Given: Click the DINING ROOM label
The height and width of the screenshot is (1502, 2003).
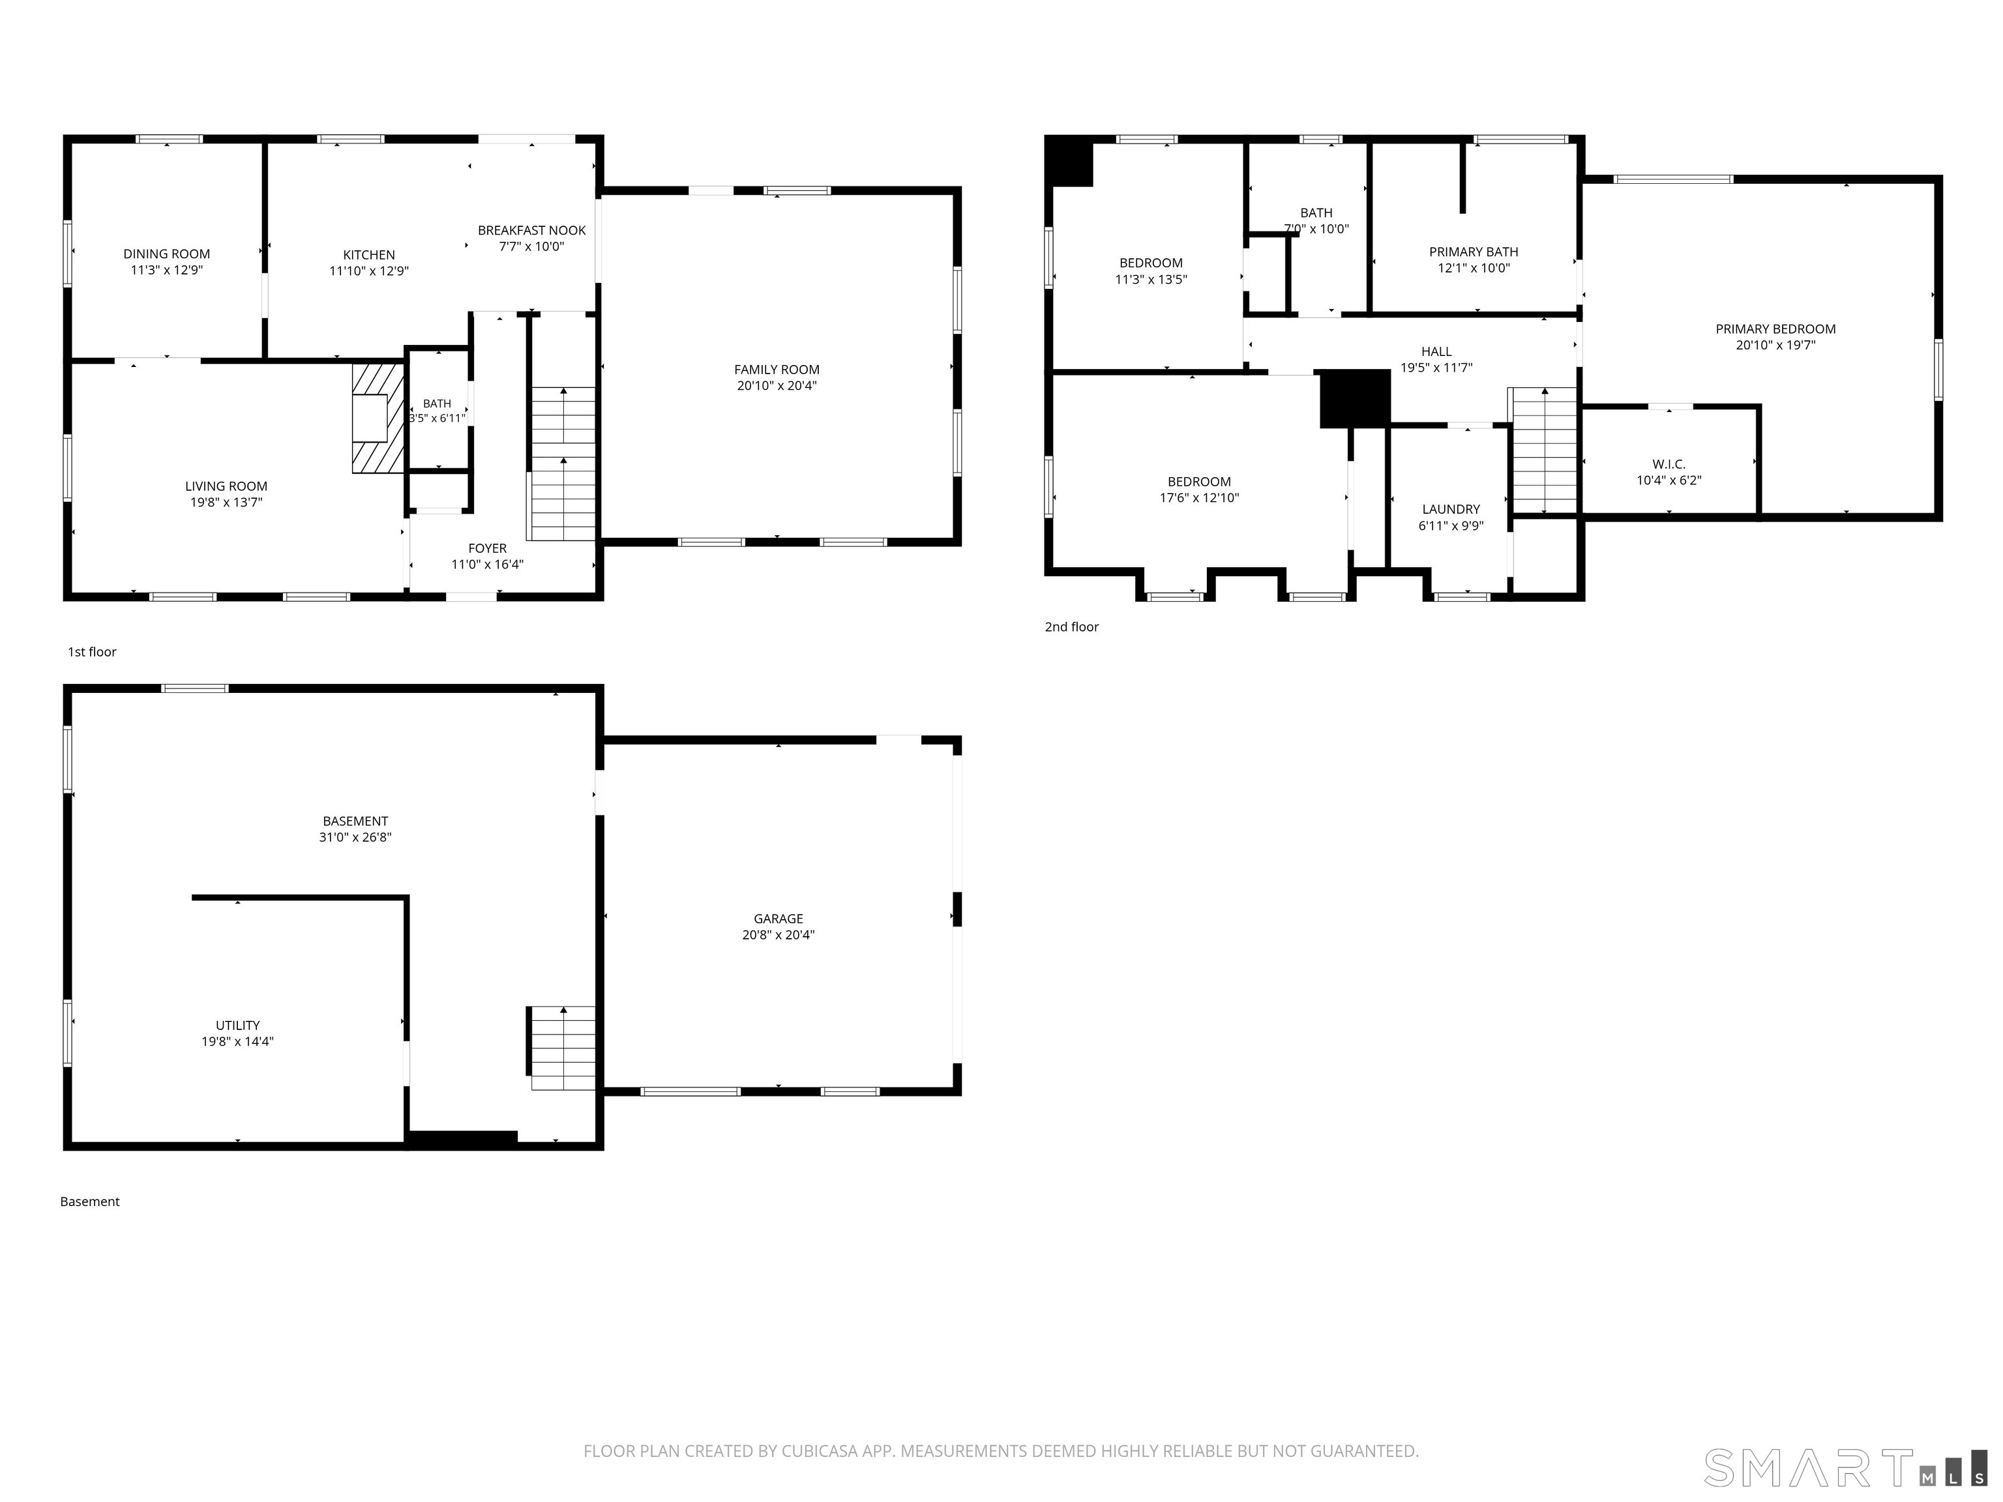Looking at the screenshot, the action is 167,254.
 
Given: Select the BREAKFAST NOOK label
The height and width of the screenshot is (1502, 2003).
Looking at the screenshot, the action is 531,231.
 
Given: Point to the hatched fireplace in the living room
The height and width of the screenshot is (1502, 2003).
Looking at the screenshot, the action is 378,419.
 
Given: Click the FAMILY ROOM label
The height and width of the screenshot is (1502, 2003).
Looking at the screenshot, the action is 777,370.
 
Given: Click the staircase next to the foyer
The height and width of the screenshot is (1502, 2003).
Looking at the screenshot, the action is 561,464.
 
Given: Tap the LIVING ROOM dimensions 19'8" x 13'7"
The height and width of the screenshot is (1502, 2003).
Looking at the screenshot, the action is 226,503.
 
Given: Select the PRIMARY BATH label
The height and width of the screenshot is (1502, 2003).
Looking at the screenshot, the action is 1474,252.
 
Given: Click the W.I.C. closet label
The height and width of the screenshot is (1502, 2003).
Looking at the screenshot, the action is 1669,464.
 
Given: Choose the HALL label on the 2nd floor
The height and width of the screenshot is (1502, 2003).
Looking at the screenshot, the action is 1436,352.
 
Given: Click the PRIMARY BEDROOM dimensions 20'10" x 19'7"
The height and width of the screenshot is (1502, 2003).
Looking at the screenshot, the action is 1775,345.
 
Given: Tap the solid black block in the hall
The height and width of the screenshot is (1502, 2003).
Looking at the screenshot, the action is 1355,398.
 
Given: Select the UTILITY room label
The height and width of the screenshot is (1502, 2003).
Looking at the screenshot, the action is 237,1025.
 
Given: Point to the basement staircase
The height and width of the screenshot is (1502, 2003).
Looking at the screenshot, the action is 561,1048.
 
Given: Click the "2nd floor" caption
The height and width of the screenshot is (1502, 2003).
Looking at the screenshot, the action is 1071,626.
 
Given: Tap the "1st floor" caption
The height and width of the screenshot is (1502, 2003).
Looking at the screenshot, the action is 93,652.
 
